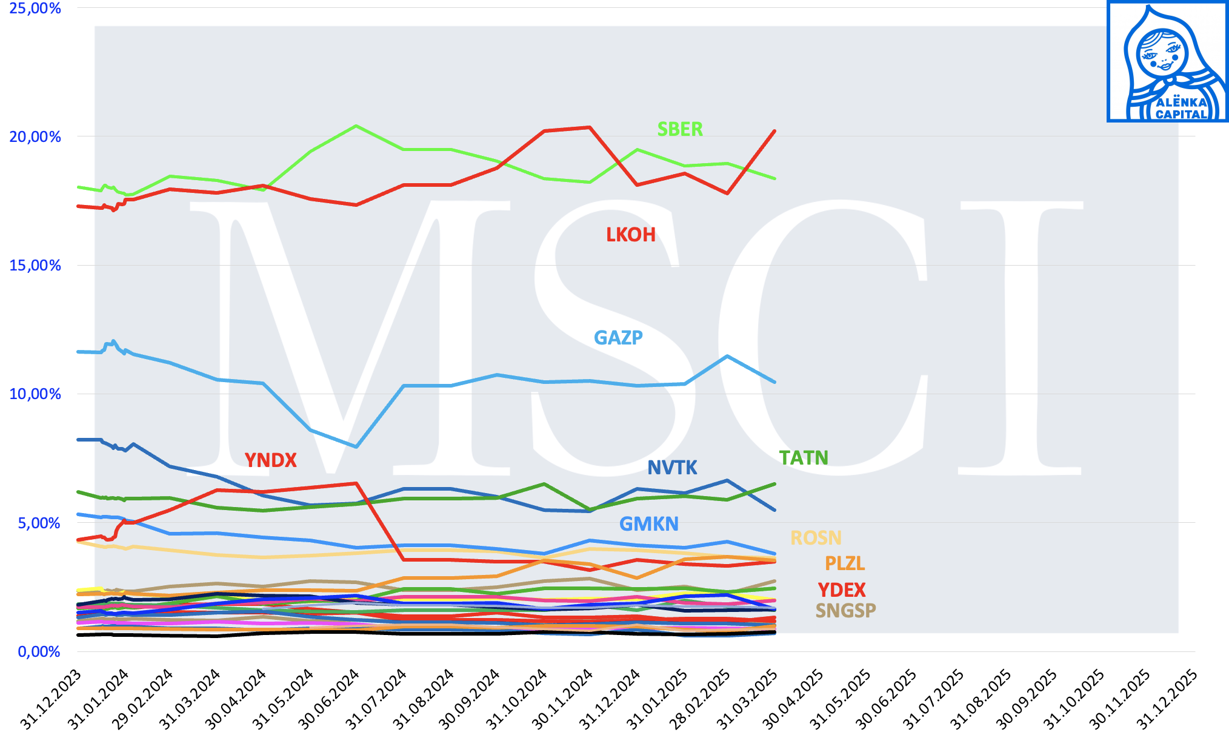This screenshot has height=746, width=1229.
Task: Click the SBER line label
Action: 680,129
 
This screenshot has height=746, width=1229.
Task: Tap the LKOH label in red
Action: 631,235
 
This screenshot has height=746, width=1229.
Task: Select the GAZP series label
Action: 618,337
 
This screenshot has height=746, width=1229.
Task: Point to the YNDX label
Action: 270,460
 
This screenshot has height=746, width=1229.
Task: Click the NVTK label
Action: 672,468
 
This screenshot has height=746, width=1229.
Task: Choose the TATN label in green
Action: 804,458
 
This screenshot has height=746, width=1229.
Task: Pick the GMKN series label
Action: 648,524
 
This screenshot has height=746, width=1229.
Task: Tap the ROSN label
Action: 816,538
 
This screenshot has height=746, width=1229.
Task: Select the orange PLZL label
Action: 845,563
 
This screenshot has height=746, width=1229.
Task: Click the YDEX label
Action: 842,590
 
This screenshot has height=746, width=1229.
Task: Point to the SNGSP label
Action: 845,610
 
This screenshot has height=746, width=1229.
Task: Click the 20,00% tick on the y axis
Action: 35,137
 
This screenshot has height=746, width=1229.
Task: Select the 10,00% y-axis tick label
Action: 35,394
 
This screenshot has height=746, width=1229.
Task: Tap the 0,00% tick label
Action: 39,652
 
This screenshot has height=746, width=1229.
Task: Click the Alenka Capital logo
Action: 1167,62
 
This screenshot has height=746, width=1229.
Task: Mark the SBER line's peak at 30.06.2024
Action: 356,126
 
